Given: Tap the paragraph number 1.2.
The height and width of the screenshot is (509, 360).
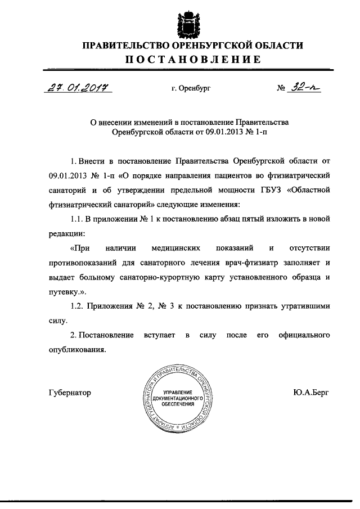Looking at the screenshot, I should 77,307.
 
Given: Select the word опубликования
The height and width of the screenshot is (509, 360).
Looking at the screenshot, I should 76,350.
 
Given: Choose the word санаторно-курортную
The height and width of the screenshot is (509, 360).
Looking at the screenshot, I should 174,277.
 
